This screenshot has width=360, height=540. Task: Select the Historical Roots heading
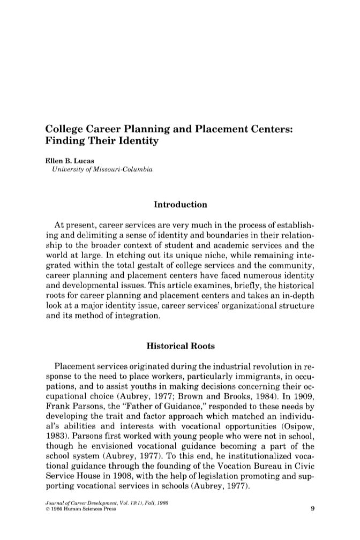180,346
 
